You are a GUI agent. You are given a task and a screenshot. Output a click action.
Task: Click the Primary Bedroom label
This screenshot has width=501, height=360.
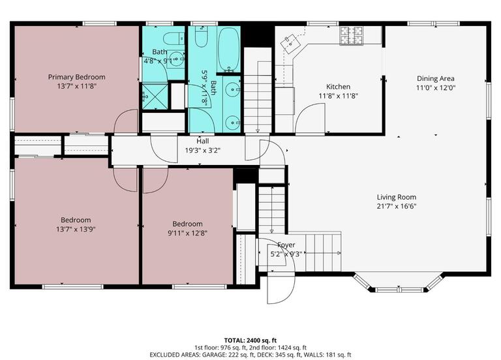coord(76,77)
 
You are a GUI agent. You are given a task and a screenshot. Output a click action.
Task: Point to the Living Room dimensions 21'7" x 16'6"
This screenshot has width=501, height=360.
coord(396,206)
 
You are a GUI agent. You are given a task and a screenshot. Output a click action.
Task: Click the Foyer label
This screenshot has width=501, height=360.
coord(286,245)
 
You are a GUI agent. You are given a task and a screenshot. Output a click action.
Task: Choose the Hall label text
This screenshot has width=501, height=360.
coord(202,141)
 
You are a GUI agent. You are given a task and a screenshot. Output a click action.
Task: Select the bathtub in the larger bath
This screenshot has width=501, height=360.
coord(228,48)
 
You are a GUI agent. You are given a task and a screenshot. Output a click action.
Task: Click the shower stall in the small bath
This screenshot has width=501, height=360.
coord(154,96)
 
